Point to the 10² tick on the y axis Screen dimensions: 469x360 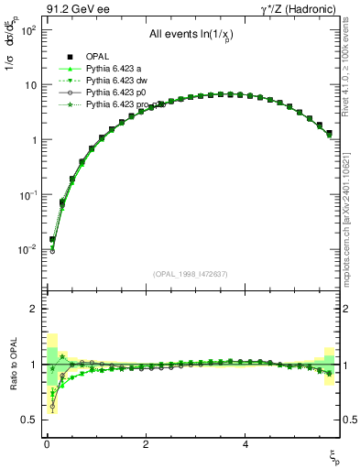pos(28,30)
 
